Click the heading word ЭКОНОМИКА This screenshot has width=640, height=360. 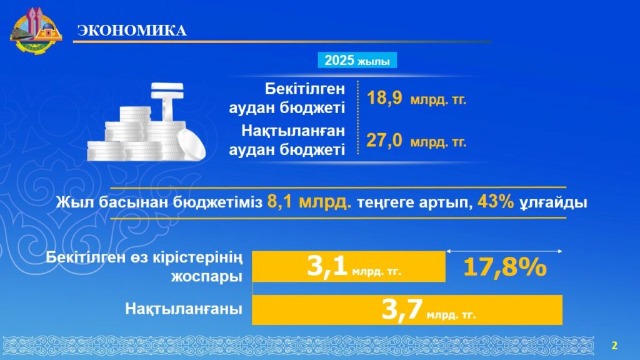tap(132, 31)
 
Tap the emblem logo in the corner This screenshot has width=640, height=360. tap(36, 31)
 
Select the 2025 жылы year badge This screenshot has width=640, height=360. tap(357, 61)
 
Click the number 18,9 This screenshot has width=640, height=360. tap(384, 98)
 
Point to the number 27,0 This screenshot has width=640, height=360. tap(384, 141)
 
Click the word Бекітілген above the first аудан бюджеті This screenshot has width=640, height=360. tap(305, 89)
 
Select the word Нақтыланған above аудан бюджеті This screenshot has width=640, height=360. tap(293, 131)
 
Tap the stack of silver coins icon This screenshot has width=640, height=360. tap(146, 122)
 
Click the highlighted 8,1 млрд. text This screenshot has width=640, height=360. tap(309, 202)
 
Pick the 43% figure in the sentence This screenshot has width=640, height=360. tap(496, 202)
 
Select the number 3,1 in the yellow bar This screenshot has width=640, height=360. tap(327, 266)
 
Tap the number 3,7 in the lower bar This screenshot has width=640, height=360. tap(402, 309)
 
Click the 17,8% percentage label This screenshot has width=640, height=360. tap(505, 267)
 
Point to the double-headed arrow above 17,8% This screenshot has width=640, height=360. tap(504, 251)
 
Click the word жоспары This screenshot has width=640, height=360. tap(206, 277)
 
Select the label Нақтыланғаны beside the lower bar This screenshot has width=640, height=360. tap(184, 309)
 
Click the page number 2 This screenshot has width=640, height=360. tap(614, 346)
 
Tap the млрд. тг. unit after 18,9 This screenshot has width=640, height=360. tap(438, 99)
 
